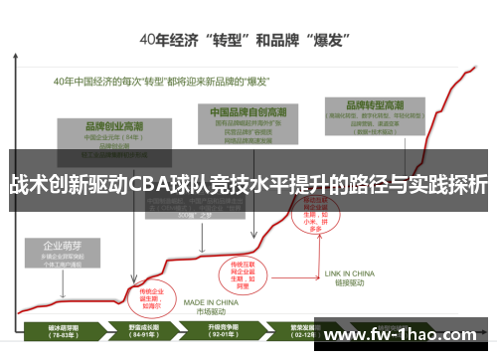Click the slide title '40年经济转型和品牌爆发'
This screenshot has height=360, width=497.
(x=248, y=42)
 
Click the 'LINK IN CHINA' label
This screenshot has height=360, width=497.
(x=350, y=272)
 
